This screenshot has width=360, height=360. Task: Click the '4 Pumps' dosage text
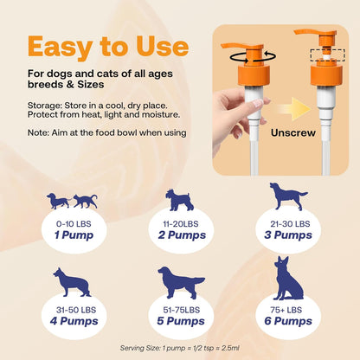click(x=73, y=321)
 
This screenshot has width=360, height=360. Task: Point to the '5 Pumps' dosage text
click(x=180, y=321)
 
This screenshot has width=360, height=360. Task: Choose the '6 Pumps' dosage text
click(x=288, y=321)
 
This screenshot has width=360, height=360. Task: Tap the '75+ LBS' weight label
click(x=288, y=309)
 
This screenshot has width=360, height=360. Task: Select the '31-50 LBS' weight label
click(x=73, y=309)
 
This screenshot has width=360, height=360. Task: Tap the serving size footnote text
click(x=180, y=347)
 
